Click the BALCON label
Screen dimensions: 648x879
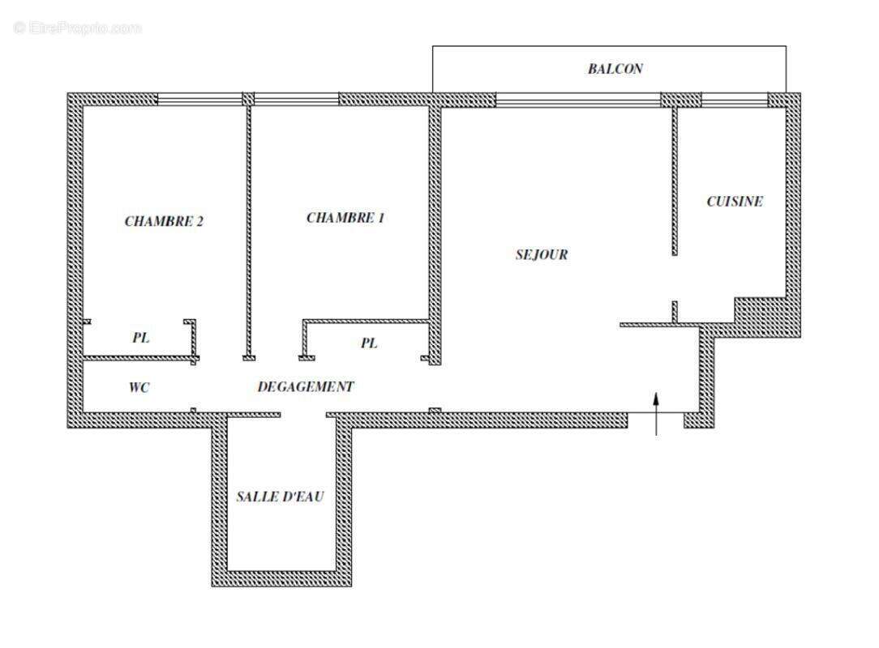click(x=615, y=69)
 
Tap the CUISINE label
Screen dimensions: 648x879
click(x=735, y=202)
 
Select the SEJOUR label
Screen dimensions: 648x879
click(x=542, y=254)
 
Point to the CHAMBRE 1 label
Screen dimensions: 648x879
click(x=345, y=218)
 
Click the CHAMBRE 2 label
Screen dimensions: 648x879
click(x=164, y=221)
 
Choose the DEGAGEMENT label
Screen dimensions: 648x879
click(x=306, y=387)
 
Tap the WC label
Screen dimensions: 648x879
click(x=139, y=388)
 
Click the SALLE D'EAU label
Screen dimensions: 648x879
click(x=280, y=497)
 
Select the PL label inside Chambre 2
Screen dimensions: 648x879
click(x=141, y=338)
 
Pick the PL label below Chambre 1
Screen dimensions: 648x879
click(x=369, y=343)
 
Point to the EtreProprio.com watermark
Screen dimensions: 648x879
click(x=78, y=28)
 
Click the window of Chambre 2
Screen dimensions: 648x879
click(x=199, y=100)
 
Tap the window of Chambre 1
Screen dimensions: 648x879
click(x=296, y=100)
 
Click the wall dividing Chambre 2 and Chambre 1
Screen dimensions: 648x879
click(x=249, y=231)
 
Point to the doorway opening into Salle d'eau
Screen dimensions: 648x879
click(x=303, y=415)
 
